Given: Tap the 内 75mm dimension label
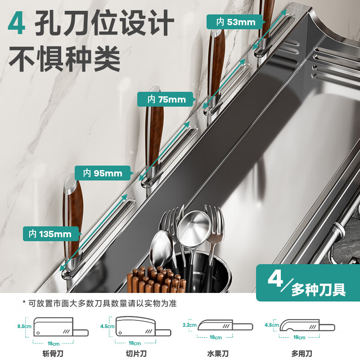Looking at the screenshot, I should click(166, 99).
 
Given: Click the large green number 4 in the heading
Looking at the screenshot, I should click(17, 25).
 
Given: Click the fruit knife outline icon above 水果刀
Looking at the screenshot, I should click(220, 326).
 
